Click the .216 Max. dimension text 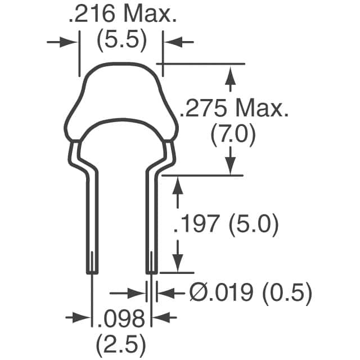pyautogui.click(x=121, y=15)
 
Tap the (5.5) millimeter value pyautogui.click(x=121, y=40)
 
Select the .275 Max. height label pyautogui.click(x=233, y=108)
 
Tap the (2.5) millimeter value pyautogui.click(x=121, y=342)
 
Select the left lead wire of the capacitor pyautogui.click(x=92, y=225)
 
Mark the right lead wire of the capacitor pyautogui.click(x=151, y=225)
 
